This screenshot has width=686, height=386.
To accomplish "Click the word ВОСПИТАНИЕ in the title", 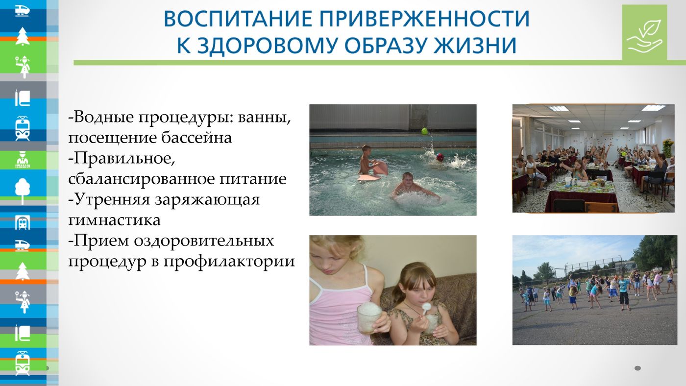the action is click(x=238, y=19).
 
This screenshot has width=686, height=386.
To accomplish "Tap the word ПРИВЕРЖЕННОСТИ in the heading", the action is click(x=425, y=19).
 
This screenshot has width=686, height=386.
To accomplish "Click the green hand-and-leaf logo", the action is click(x=644, y=32).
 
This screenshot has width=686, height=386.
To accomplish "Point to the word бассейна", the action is click(x=196, y=138).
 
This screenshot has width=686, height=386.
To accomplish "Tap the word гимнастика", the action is click(x=114, y=220).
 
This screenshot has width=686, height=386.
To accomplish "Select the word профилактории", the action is click(x=229, y=262).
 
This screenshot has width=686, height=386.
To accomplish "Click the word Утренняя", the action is click(x=112, y=199).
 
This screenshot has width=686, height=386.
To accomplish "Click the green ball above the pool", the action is click(x=425, y=131).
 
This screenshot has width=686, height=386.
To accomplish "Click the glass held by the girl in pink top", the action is click(x=369, y=317).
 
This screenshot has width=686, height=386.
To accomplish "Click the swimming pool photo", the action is click(x=393, y=160).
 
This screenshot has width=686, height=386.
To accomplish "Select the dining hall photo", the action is click(x=593, y=159).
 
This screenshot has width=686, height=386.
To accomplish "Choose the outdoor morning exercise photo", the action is click(x=595, y=290).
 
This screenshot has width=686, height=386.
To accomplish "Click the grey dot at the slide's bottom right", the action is click(x=638, y=368).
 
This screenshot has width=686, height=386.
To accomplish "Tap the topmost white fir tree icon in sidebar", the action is click(x=23, y=36).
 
